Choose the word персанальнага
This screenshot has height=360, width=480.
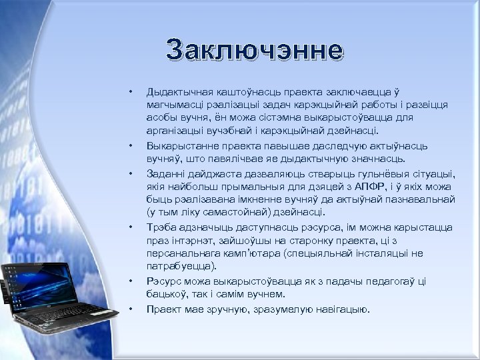click(x=180, y=254)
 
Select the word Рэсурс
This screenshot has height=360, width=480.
click(x=164, y=281)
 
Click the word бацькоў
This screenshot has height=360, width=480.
click(x=166, y=295)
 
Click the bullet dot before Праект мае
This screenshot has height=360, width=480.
click(x=132, y=309)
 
